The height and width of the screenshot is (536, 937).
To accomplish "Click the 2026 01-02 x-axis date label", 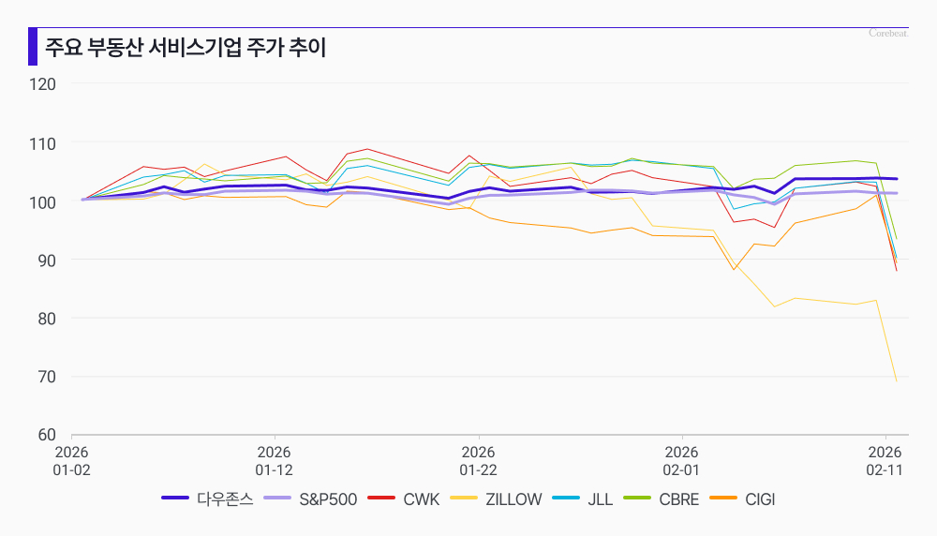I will click(x=71, y=460).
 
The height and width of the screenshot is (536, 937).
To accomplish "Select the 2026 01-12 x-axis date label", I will click(x=275, y=460).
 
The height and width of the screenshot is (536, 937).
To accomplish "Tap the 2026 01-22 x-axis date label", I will click(x=478, y=460).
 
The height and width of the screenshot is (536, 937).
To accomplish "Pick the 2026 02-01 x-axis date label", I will click(x=681, y=460).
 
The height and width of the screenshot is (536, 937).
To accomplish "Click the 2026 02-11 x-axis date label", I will click(x=885, y=460).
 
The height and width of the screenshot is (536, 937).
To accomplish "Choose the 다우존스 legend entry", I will click(x=208, y=499).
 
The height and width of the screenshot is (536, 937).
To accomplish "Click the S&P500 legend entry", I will click(x=311, y=499).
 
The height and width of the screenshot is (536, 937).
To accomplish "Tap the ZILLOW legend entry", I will click(x=497, y=499).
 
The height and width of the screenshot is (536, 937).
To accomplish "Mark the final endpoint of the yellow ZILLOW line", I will click(x=897, y=381).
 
